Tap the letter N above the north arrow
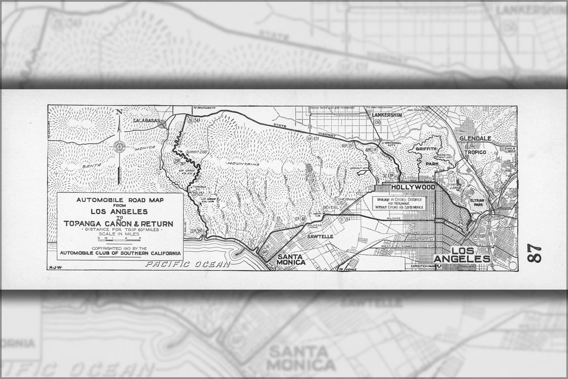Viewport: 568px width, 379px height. pos(119,112)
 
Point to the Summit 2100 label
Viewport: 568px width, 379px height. pos(193,152)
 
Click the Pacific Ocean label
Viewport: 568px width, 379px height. pos(187,264)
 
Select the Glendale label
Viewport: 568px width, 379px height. pos(475,139)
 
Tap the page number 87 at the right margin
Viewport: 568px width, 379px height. pos(534,253)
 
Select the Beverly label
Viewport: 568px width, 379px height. pos(331,207)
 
